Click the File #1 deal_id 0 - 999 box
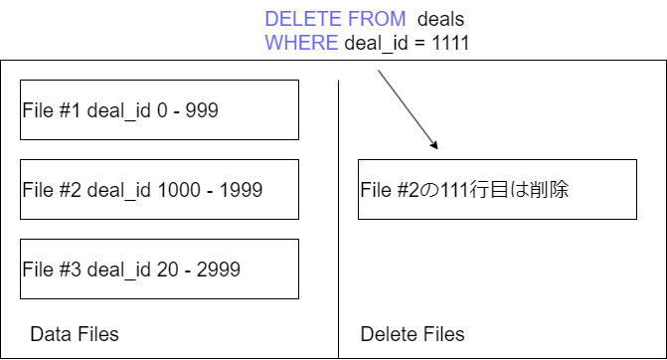click(x=159, y=109)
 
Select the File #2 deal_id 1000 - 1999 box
click(x=159, y=189)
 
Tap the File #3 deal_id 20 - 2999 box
click(x=159, y=269)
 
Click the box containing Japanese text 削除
click(x=497, y=189)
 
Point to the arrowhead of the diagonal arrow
click(x=435, y=150)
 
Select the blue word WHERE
click(x=300, y=43)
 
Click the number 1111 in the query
click(x=449, y=43)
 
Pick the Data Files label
click(x=75, y=334)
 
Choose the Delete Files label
click(x=412, y=334)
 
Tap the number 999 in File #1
click(x=199, y=109)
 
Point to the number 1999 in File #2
click(x=241, y=189)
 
